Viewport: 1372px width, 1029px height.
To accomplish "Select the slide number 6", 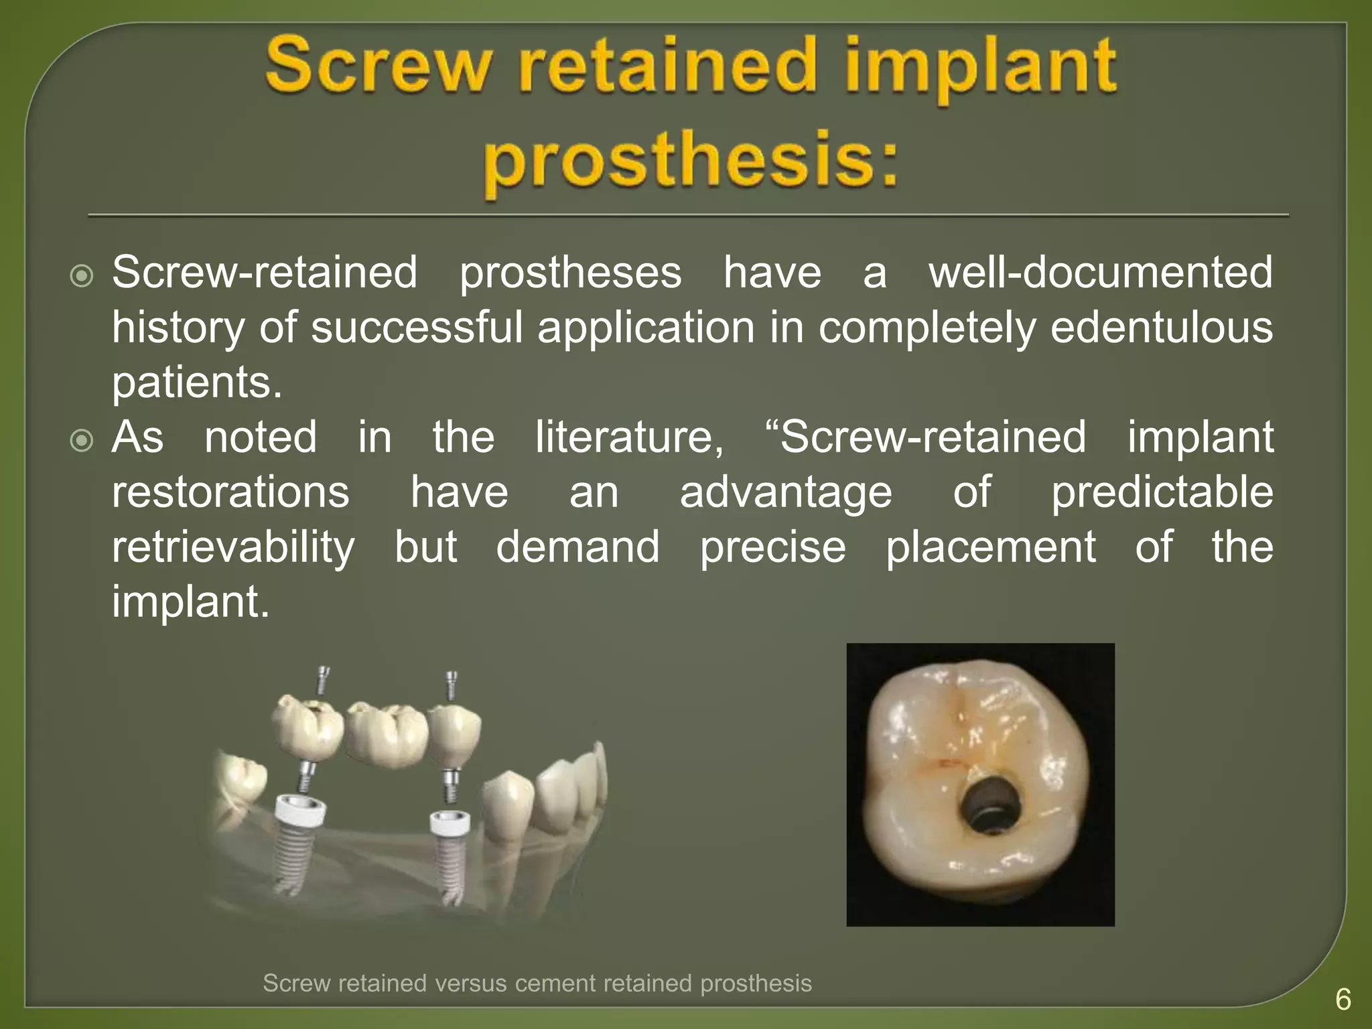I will click(1343, 1000).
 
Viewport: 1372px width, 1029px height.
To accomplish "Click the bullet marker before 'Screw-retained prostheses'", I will click(82, 275).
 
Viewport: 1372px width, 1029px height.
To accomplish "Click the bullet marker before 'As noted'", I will click(82, 440).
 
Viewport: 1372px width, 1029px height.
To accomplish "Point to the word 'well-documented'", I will click(1100, 273).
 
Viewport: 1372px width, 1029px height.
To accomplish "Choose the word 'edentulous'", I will click(1161, 328).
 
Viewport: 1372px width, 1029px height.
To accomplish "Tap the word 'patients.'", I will click(197, 383).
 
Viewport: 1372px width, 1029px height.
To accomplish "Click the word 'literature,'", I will click(629, 437).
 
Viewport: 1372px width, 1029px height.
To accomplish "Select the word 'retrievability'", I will click(233, 547).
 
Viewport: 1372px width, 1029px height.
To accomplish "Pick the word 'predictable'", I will click(1161, 492).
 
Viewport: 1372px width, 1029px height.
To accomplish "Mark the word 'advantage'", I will click(785, 492).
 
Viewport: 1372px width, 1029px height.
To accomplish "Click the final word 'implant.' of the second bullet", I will click(190, 602).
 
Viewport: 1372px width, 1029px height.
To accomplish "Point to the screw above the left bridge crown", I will click(323, 680).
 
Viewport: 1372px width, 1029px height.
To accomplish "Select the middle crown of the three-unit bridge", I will click(387, 734).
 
